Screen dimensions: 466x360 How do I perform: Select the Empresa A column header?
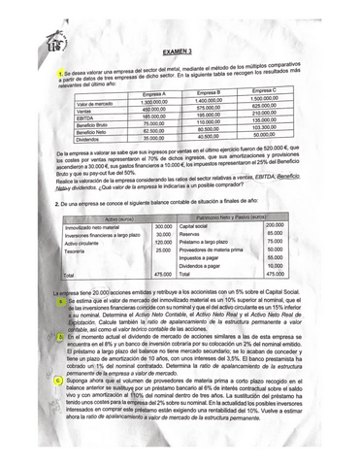[x=155, y=94]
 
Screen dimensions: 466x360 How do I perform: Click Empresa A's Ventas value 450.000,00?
[x=154, y=109]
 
